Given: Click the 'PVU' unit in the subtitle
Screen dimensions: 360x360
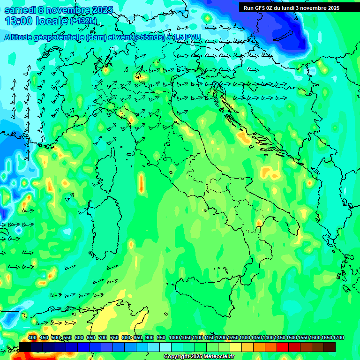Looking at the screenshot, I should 191,37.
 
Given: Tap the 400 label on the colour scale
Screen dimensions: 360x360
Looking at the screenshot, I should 32,337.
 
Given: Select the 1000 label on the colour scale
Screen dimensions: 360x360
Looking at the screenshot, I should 174,337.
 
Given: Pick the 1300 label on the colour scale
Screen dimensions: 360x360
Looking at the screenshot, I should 245,337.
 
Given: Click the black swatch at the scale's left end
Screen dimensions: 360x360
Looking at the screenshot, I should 25,347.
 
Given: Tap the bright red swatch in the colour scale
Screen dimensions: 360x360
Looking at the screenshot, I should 282,347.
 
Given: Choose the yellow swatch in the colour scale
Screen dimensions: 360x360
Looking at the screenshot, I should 235,347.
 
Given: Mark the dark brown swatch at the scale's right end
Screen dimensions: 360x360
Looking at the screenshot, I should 329,347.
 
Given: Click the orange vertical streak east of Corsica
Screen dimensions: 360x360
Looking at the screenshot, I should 141,182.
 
